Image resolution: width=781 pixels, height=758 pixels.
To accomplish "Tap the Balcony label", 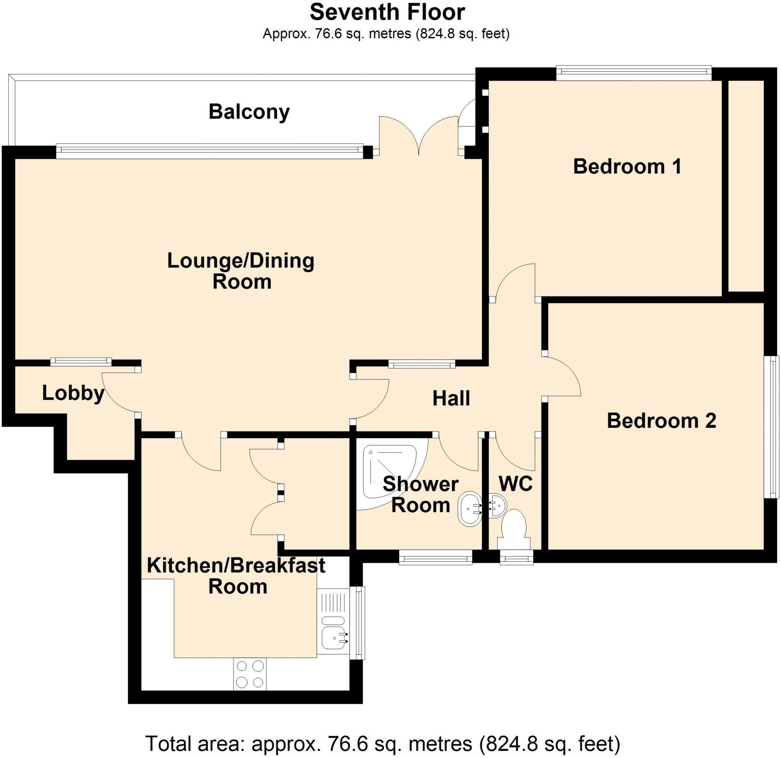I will (249, 112).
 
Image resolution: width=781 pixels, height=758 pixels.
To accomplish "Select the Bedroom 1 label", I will (627, 167).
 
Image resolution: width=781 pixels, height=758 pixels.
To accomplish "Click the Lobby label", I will (73, 393).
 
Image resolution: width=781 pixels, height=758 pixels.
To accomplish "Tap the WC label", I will (516, 483).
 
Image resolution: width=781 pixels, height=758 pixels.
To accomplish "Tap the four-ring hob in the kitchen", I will (250, 674).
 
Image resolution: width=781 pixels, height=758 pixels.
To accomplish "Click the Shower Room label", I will (420, 495).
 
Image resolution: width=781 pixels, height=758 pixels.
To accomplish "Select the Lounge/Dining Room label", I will (241, 271).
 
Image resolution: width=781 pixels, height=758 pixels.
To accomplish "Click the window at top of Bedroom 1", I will (633, 72).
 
